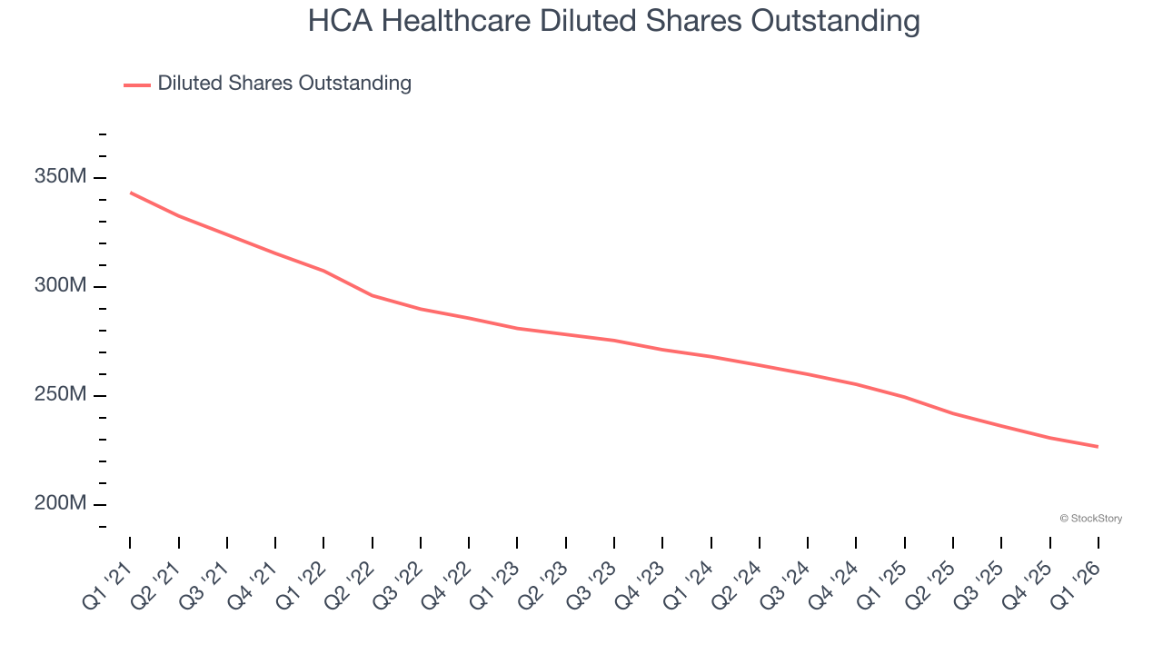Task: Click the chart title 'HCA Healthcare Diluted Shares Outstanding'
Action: click(613, 21)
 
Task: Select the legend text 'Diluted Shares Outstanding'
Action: click(284, 84)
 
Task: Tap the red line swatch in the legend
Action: click(137, 84)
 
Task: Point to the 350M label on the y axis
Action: click(60, 176)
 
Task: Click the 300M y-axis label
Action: click(60, 286)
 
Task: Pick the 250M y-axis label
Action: click(60, 395)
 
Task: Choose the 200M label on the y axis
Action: click(60, 504)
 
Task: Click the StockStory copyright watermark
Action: click(1090, 519)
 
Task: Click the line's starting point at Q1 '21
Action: click(131, 193)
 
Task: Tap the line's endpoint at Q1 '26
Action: click(1098, 446)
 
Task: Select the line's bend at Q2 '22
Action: click(373, 295)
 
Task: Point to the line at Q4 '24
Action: click(856, 384)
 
